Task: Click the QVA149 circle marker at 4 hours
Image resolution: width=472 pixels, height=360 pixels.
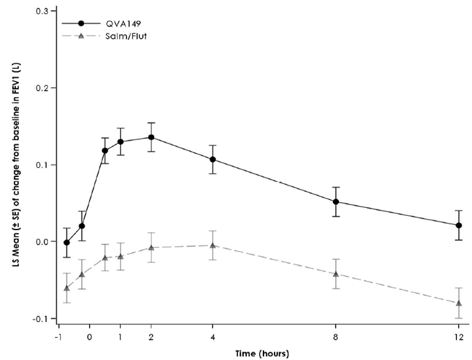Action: click(213, 159)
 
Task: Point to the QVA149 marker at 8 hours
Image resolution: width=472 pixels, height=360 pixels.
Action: click(336, 202)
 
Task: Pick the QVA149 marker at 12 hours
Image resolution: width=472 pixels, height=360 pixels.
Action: click(459, 226)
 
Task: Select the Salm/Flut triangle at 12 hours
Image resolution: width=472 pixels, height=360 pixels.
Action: click(459, 303)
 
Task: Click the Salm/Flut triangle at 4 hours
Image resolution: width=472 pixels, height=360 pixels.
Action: click(213, 245)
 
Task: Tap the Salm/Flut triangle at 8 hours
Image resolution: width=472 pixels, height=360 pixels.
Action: click(336, 274)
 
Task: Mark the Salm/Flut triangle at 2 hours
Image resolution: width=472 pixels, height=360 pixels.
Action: click(151, 247)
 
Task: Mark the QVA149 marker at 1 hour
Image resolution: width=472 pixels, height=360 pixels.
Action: click(121, 142)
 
